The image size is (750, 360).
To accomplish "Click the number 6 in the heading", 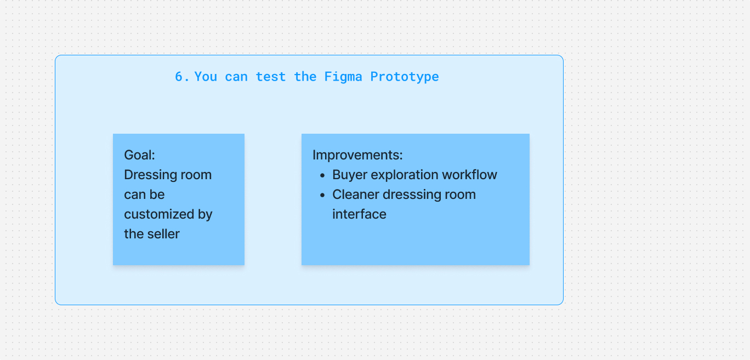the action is (x=179, y=77).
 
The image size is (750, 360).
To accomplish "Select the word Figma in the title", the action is (x=343, y=77).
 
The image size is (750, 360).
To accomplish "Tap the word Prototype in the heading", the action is (x=405, y=77).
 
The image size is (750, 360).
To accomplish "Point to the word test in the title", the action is (x=270, y=77).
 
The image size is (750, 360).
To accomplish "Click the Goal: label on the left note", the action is (x=140, y=155).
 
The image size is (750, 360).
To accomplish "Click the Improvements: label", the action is (x=357, y=155).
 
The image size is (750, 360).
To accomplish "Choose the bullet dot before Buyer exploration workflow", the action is (x=322, y=175).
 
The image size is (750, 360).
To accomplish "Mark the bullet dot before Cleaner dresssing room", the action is (x=322, y=195).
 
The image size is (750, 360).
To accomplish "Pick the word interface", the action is (x=359, y=214).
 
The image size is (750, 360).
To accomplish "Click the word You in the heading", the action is (x=206, y=77).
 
